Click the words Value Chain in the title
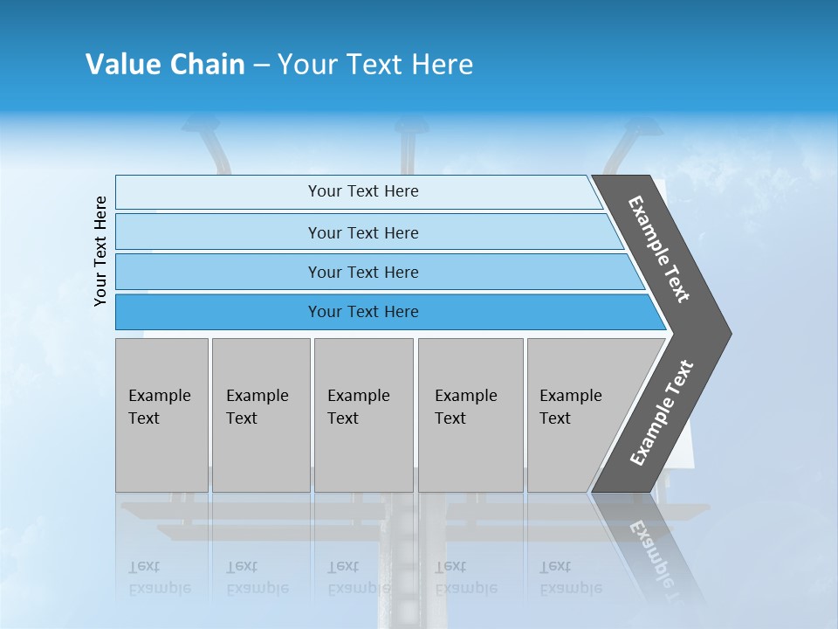click(x=165, y=65)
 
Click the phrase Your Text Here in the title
click(x=375, y=65)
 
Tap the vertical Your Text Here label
click(x=100, y=251)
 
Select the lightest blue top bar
click(x=363, y=191)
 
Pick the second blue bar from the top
click(x=363, y=232)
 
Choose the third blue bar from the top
click(x=363, y=272)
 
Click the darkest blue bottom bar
click(x=363, y=312)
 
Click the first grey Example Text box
click(x=161, y=415)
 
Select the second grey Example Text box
click(x=260, y=415)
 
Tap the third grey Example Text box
click(x=363, y=415)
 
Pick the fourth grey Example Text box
click(x=470, y=415)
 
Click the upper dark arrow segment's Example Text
click(x=659, y=249)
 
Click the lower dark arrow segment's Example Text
click(x=662, y=413)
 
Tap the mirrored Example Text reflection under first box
click(x=160, y=577)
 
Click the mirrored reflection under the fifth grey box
click(x=570, y=577)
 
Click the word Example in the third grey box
click(x=358, y=396)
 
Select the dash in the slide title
click(x=261, y=66)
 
